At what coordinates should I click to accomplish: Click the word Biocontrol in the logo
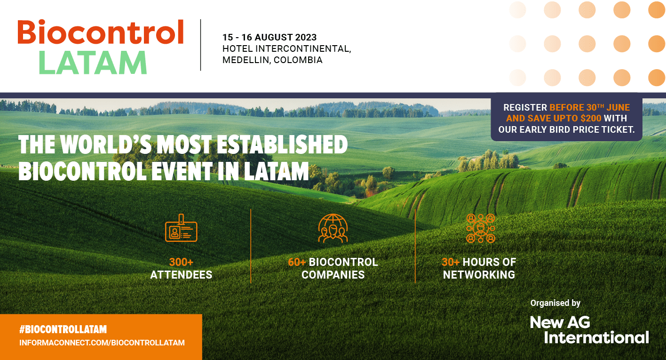101,32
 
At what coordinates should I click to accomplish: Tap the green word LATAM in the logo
93,63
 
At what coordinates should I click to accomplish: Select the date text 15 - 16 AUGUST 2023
270,37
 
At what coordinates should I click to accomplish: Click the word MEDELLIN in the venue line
246,60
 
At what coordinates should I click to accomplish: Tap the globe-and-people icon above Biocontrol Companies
333,228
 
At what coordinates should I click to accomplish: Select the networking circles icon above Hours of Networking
481,228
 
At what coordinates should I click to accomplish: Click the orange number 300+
181,262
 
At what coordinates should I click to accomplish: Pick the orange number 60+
297,262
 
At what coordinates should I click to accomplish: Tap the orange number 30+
451,262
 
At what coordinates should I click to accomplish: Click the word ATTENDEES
181,275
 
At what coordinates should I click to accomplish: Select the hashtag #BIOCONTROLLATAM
63,329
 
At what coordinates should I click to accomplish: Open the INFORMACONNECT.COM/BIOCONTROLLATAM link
102,343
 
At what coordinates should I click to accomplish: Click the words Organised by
555,303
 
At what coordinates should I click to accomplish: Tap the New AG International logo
589,330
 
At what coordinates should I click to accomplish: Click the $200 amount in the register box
591,119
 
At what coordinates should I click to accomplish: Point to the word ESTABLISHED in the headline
282,144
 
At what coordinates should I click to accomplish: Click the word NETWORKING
479,275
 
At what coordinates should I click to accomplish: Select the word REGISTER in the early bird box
525,107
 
